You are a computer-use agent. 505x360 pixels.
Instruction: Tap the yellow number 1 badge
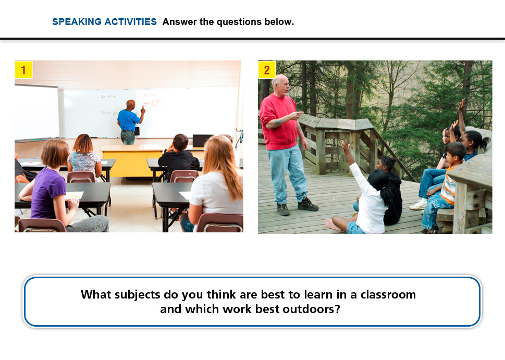pyautogui.click(x=23, y=70)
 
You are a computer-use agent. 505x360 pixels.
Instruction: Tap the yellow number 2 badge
pyautogui.click(x=267, y=70)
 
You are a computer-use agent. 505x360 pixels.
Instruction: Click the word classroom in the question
pyautogui.click(x=388, y=294)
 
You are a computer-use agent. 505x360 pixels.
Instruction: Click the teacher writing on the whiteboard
pyautogui.click(x=129, y=122)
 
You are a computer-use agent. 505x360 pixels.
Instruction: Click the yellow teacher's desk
pyautogui.click(x=132, y=161)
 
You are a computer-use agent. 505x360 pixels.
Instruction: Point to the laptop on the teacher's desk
pyautogui.click(x=202, y=141)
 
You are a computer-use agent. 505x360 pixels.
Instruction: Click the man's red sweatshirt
pyautogui.click(x=279, y=122)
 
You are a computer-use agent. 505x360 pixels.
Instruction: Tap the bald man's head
pyautogui.click(x=281, y=84)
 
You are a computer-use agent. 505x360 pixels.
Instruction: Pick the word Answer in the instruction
pyautogui.click(x=180, y=21)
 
